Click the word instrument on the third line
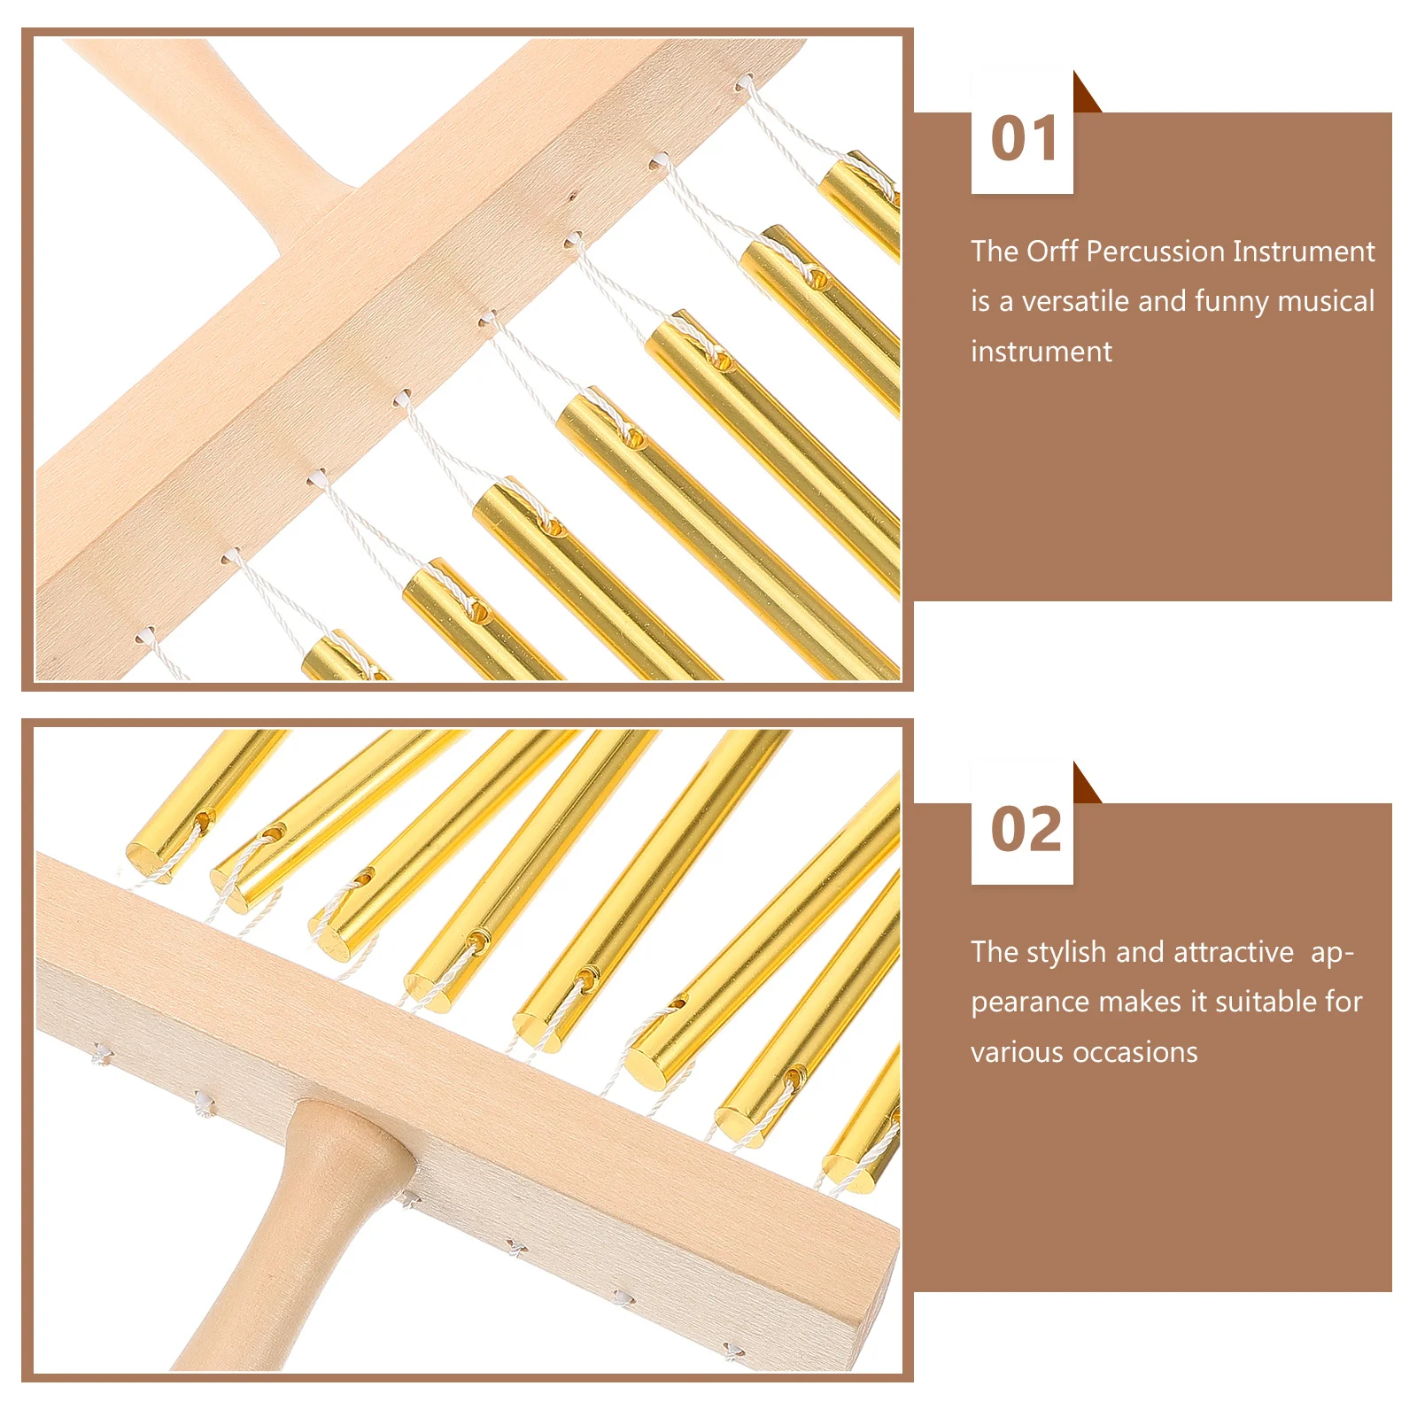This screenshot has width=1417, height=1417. [x=1041, y=352]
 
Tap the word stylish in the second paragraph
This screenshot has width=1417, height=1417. [x=1067, y=952]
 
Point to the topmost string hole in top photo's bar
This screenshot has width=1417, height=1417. [x=745, y=82]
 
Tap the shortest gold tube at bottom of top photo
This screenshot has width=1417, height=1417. [x=341, y=659]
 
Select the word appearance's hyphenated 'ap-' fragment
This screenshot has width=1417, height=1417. [x=1331, y=954]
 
